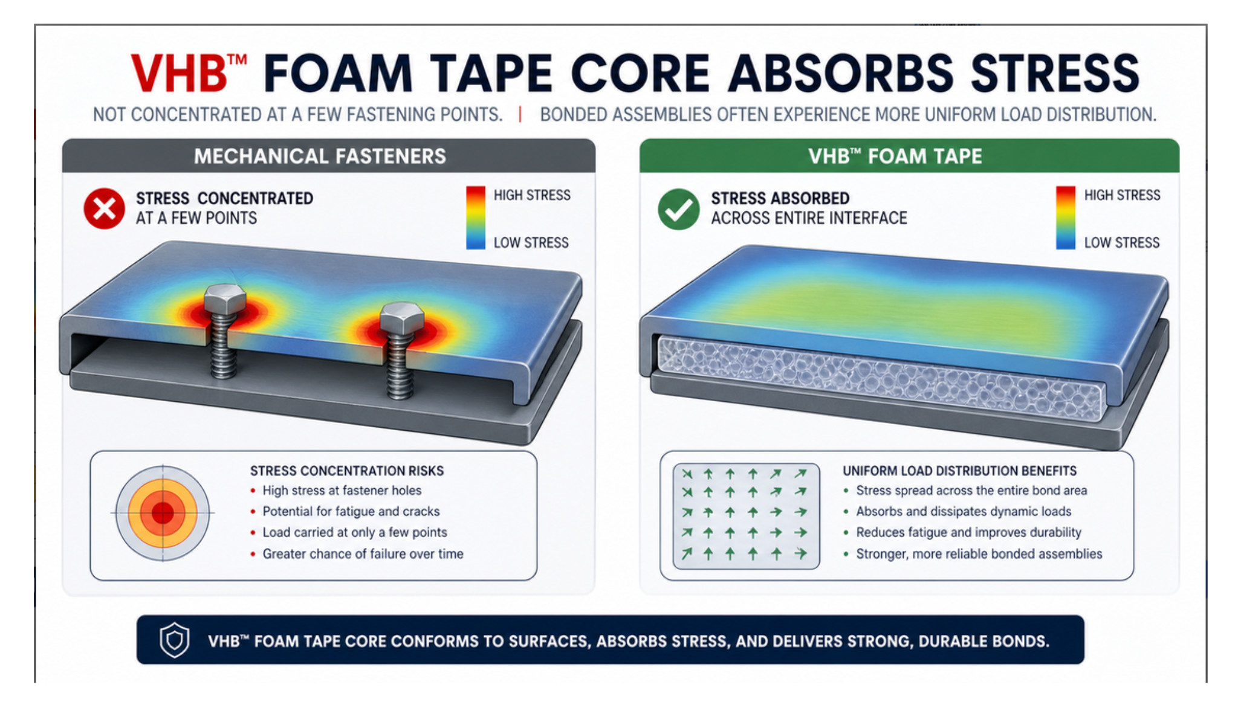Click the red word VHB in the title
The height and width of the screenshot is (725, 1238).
click(x=180, y=73)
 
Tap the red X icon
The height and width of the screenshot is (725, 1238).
click(x=105, y=209)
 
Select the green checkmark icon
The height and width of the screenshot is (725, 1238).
click(x=679, y=209)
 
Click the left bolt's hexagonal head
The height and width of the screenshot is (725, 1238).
click(x=225, y=298)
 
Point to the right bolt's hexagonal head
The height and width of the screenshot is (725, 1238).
click(x=401, y=318)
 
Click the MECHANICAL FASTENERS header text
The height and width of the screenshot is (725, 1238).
click(x=320, y=156)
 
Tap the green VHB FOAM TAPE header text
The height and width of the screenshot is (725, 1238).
click(x=895, y=156)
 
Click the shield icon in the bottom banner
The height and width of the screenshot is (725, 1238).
click(x=175, y=640)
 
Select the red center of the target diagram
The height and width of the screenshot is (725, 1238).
click(x=163, y=514)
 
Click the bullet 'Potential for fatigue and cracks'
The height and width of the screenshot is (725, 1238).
click(x=351, y=512)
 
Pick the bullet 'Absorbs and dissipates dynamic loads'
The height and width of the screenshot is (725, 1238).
click(x=964, y=512)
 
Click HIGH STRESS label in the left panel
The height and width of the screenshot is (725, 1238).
click(x=532, y=195)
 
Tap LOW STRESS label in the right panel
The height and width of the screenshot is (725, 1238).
click(x=1122, y=243)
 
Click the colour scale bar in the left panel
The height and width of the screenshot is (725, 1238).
click(x=476, y=218)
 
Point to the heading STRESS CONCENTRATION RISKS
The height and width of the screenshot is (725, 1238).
click(x=347, y=471)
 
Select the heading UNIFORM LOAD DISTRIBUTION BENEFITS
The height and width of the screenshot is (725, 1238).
click(x=960, y=471)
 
